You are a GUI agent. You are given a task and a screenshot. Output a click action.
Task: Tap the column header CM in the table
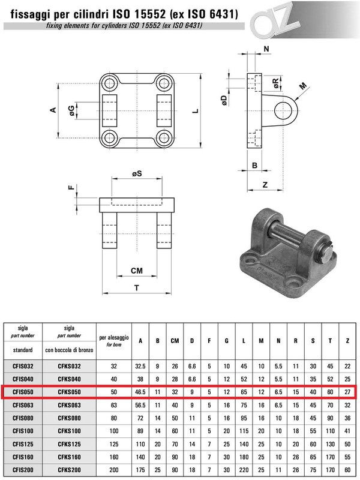[x=175, y=341]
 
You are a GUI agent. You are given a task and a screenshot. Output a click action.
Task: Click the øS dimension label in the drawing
[x=137, y=174]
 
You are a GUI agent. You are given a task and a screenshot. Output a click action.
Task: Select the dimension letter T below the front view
[x=137, y=288]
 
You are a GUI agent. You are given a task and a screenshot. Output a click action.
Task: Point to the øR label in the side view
[x=275, y=80]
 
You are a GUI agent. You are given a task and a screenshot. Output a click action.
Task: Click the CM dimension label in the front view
[x=137, y=271]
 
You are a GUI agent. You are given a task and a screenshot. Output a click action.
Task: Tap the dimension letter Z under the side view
[x=265, y=185]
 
